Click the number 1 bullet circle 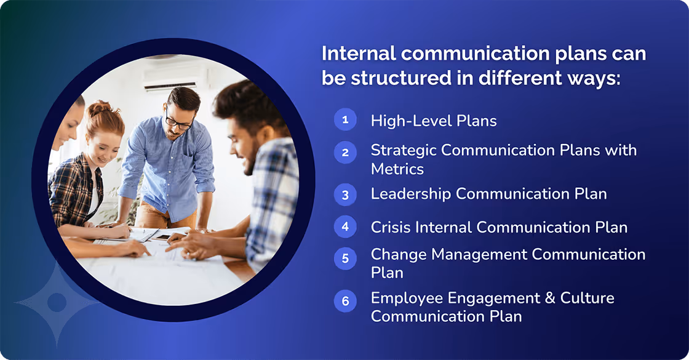(x=345, y=119)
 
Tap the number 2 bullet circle (x=345, y=152)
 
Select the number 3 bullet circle (x=345, y=195)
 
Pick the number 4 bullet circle (x=345, y=226)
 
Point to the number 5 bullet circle (x=345, y=258)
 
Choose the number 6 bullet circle (x=345, y=301)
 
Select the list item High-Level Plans (x=433, y=121)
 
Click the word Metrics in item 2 (x=397, y=168)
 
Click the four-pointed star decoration (x=57, y=302)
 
